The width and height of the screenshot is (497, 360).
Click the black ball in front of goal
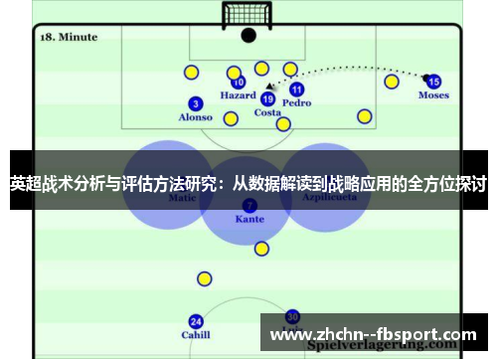pos(248,35)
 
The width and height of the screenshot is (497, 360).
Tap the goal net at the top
pos(248,14)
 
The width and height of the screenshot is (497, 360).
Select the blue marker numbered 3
pos(195,103)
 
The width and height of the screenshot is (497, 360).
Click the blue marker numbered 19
pos(267,98)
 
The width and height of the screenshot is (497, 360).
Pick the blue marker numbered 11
pos(296,90)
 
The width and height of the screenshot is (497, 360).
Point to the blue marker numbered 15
pos(433,82)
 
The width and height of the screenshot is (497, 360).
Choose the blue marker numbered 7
pos(248,206)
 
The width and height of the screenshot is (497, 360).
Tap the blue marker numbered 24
pos(196,321)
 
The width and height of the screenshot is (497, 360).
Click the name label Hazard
pos(239,96)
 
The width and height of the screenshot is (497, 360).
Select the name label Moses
pos(433,95)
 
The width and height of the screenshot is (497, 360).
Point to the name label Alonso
pos(195,117)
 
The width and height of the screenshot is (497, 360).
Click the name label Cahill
pos(196,335)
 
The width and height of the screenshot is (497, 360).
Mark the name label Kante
pos(249,219)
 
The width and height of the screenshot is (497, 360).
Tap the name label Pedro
pos(296,102)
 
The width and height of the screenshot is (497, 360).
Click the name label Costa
pos(267,112)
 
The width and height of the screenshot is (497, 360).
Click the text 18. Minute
pos(69,37)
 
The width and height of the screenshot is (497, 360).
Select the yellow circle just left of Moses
pos(392,82)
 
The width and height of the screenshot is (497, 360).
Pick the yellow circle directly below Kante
pos(261,249)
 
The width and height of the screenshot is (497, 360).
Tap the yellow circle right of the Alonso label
pos(231,119)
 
